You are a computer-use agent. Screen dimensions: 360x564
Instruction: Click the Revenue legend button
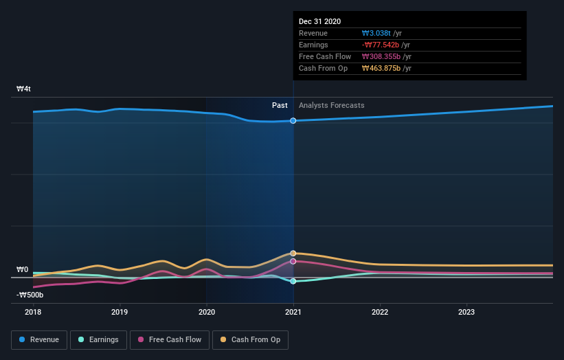coord(39,339)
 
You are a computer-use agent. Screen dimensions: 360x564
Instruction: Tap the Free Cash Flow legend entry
coord(169,339)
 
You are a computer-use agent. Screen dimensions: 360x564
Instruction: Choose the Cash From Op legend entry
coord(251,339)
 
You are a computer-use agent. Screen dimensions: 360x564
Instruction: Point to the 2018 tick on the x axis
coord(33,312)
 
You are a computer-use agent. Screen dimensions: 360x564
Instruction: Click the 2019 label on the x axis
coord(120,312)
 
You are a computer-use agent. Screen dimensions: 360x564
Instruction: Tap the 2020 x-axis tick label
coord(206,312)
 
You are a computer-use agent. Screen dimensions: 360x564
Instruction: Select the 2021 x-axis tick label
coord(293,312)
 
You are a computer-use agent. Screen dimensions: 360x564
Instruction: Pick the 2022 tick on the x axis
coord(380,312)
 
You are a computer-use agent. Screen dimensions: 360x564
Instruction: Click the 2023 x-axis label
coord(466,312)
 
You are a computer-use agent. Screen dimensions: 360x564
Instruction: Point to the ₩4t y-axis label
coord(24,89)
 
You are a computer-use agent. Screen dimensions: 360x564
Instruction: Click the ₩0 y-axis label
coord(23,270)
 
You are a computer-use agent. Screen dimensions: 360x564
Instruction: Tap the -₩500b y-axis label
coord(30,295)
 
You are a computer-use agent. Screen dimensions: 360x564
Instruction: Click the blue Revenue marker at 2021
coord(293,121)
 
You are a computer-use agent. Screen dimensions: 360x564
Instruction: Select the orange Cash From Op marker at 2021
coord(293,254)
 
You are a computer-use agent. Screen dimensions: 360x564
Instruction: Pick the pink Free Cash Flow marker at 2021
coord(293,261)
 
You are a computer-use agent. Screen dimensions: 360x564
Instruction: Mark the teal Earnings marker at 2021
coord(293,281)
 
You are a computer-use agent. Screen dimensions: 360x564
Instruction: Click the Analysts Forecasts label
coord(331,106)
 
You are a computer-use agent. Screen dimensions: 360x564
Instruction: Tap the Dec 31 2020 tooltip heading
coord(319,22)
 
